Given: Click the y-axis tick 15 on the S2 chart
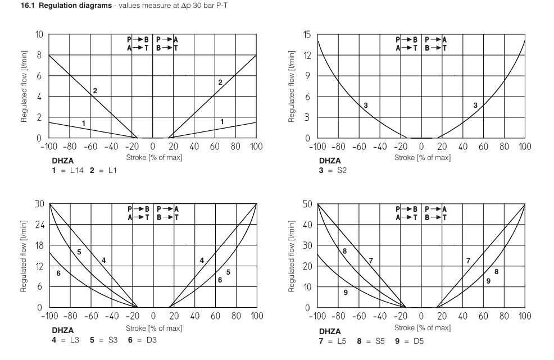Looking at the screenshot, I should (306, 35).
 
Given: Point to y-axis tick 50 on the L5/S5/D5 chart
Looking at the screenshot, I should (306, 204).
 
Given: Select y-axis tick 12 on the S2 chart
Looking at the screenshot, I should (306, 56).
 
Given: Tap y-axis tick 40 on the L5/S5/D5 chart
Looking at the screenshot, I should (306, 225).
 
